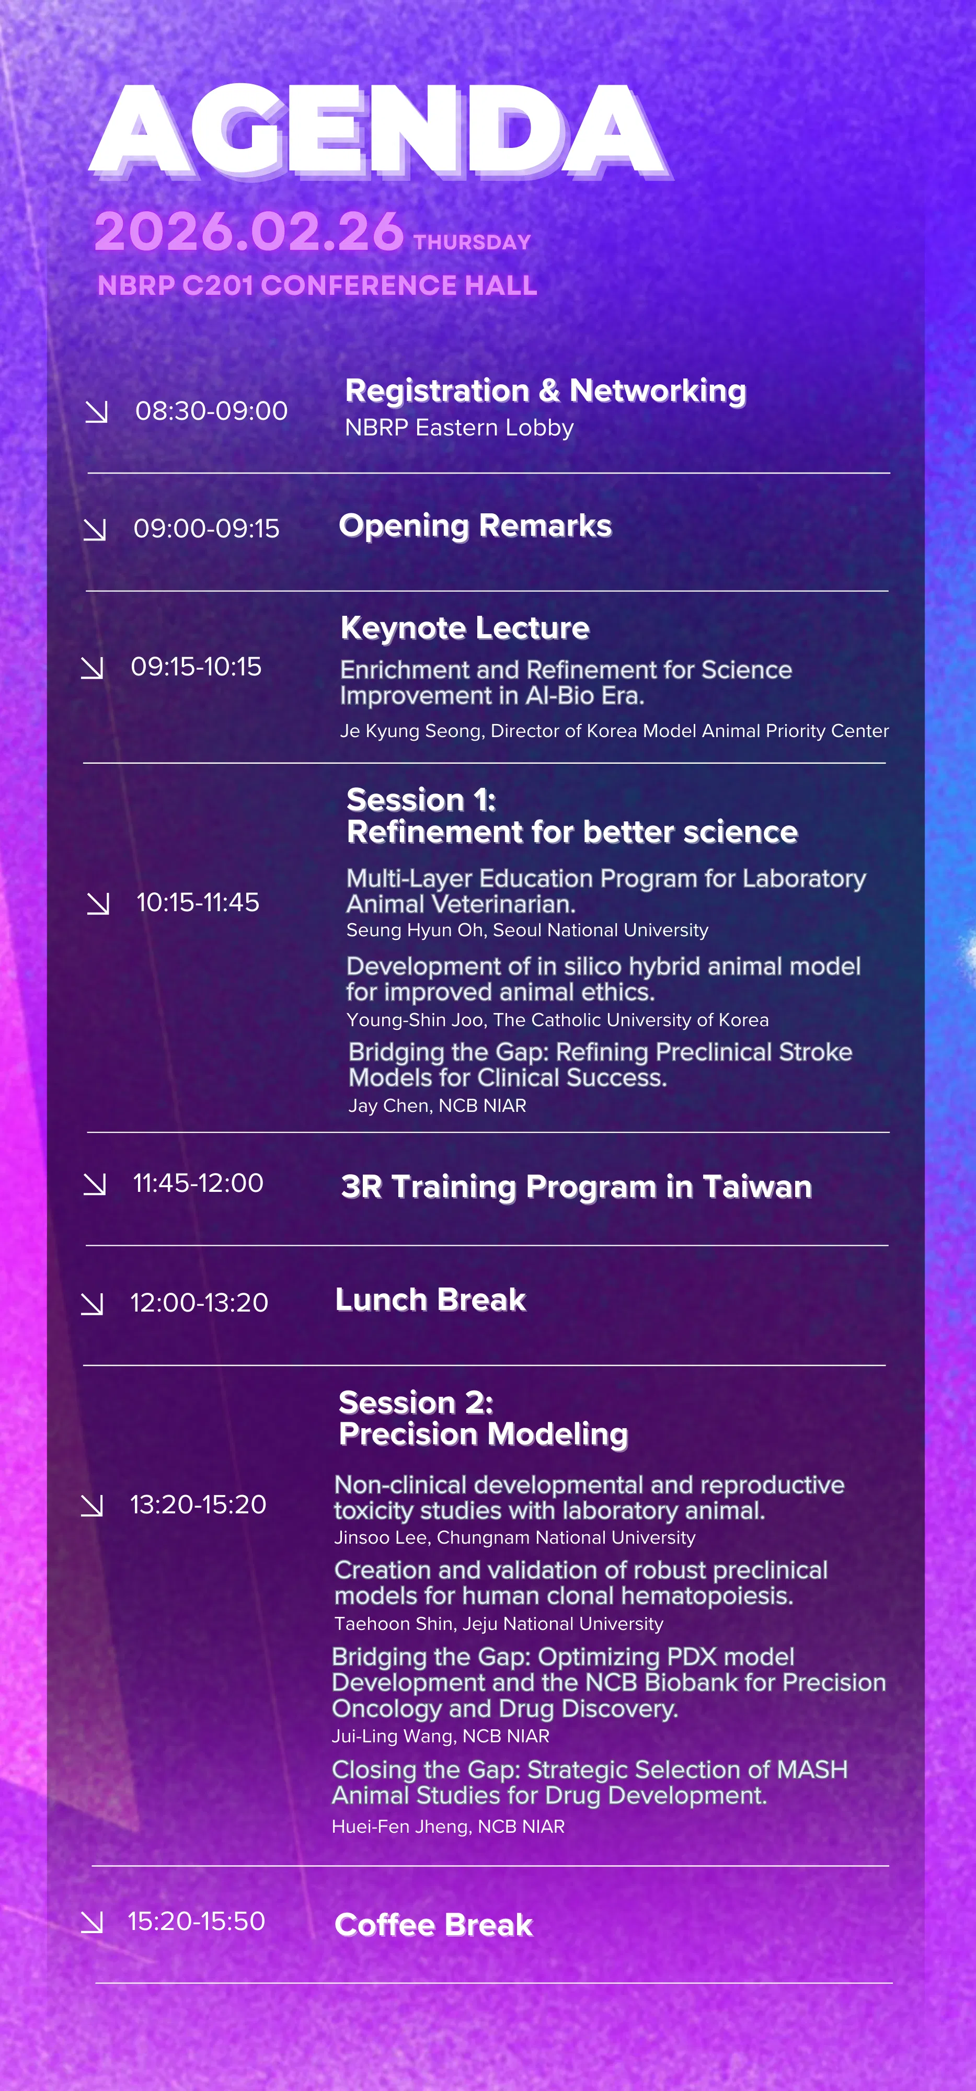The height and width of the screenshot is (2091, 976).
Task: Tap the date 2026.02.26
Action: coord(248,232)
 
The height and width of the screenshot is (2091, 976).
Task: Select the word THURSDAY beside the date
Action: coord(472,242)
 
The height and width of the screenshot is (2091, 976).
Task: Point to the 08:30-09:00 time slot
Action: coord(211,411)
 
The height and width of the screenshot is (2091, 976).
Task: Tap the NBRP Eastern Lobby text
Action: coord(459,428)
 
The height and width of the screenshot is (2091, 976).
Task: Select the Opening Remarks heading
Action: coord(475,525)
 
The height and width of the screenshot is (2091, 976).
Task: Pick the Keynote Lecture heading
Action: coord(464,627)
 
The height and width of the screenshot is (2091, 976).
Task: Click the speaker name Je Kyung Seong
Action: coord(411,731)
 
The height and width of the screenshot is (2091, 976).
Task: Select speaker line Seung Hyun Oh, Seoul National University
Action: coord(527,930)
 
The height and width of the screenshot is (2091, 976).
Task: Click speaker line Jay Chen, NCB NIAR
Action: coord(437,1106)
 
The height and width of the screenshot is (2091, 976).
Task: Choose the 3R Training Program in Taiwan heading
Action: coord(576,1187)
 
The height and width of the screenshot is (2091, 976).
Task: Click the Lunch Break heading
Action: coord(430,1300)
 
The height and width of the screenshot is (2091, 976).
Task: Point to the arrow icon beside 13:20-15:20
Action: coord(92,1506)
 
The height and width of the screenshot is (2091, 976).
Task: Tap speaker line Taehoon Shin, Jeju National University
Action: coord(499,1624)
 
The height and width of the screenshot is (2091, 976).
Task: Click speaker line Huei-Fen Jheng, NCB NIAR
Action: coord(448,1826)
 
